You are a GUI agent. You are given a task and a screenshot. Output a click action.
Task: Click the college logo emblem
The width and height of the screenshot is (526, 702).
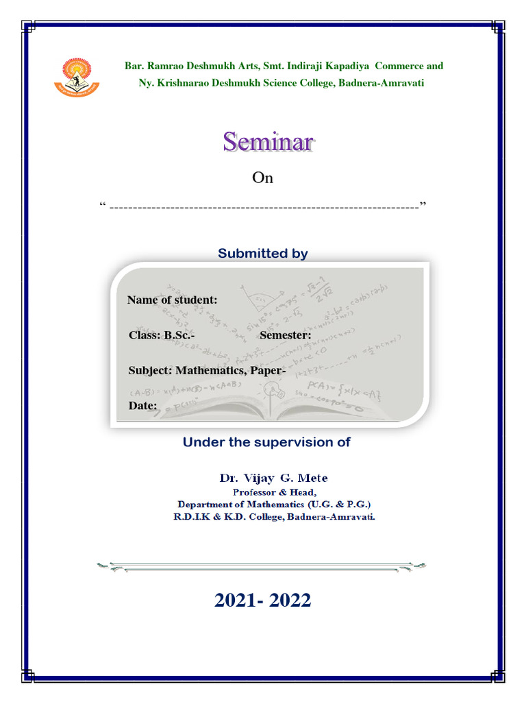click(x=77, y=77)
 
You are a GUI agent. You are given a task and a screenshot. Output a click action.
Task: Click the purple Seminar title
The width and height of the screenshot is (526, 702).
click(x=267, y=143)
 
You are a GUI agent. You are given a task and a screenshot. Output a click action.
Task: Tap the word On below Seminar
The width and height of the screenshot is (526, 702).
click(x=262, y=178)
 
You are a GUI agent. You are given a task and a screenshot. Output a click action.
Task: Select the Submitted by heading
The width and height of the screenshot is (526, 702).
click(x=262, y=254)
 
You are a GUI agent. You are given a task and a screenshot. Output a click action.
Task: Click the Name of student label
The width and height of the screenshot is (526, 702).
click(x=173, y=300)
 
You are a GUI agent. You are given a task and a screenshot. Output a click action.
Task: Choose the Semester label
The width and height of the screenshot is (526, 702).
click(x=285, y=335)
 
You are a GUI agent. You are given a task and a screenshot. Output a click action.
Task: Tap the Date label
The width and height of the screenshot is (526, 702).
click(x=142, y=406)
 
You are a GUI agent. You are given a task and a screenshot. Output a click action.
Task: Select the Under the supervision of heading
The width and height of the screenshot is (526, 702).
click(x=266, y=442)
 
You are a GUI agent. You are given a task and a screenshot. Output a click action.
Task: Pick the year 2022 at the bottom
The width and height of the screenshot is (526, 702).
click(x=290, y=601)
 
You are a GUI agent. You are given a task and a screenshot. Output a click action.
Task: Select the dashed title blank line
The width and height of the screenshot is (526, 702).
click(x=264, y=206)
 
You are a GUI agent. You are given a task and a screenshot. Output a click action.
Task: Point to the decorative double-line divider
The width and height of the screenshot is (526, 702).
click(x=263, y=566)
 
